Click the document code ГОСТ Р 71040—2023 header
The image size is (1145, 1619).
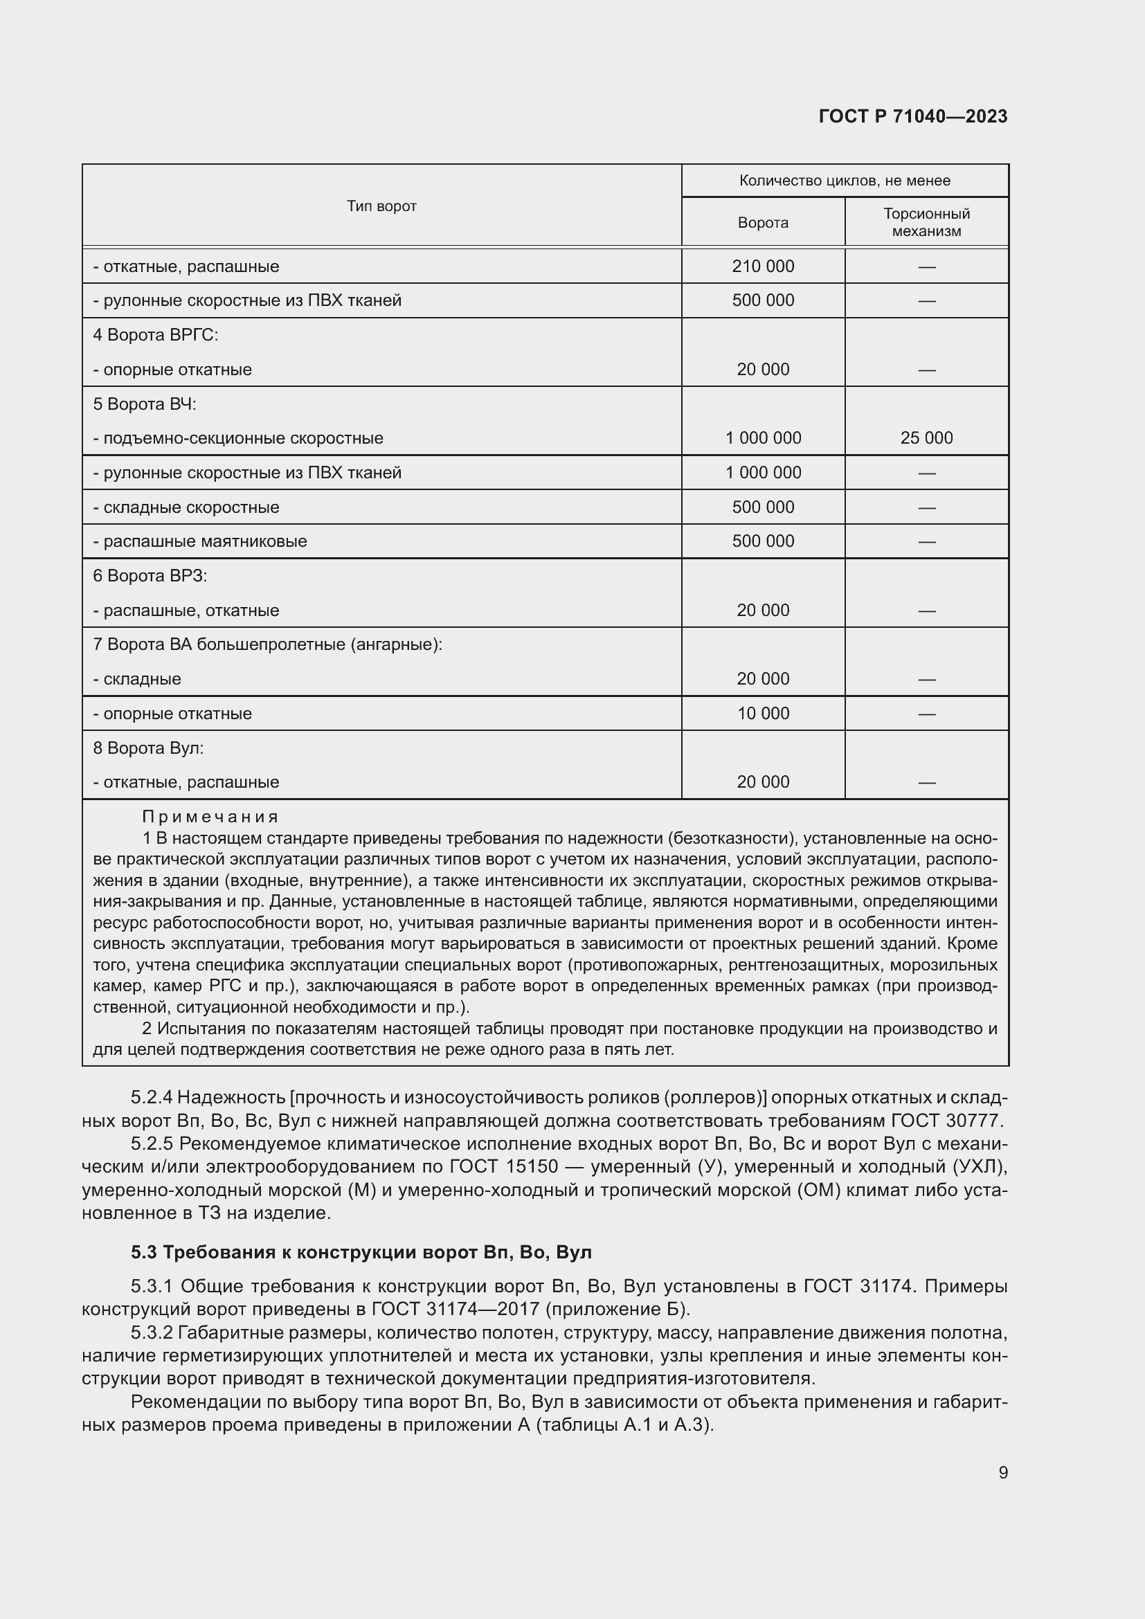tap(913, 117)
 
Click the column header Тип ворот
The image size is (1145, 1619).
tap(381, 206)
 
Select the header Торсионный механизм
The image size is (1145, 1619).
tap(926, 222)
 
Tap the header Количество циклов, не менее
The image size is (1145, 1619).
tap(845, 181)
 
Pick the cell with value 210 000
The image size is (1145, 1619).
tap(763, 266)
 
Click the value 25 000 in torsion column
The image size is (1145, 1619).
tap(926, 438)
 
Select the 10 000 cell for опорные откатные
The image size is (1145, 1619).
tap(763, 714)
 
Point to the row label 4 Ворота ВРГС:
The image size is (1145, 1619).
tap(156, 335)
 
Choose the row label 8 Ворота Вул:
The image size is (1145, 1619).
tap(149, 748)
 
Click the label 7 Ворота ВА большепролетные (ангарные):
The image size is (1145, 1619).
tap(268, 644)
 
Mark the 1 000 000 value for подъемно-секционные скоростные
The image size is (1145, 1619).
tap(763, 438)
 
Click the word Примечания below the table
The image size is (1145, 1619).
tap(210, 817)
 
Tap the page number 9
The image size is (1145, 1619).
tap(1003, 1472)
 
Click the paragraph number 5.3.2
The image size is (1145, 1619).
tap(152, 1332)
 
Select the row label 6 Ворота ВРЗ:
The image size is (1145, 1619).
tap(150, 576)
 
